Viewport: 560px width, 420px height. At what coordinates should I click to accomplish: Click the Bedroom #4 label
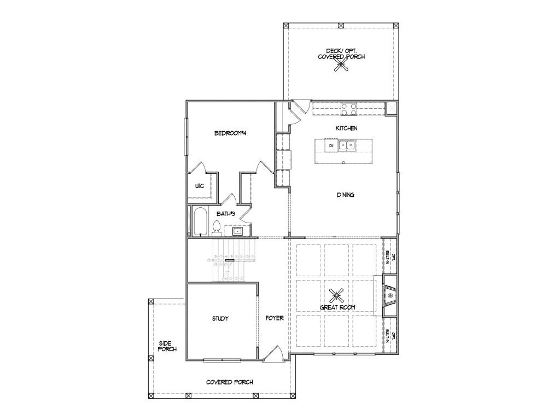pos(229,133)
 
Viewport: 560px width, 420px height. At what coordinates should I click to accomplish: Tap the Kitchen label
pos(346,128)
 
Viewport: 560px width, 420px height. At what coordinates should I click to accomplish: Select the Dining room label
pos(345,195)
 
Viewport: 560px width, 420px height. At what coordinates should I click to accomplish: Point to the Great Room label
pos(337,307)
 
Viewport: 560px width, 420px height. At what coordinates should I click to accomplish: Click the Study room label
pos(220,319)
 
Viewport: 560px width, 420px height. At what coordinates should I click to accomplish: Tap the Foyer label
pos(275,318)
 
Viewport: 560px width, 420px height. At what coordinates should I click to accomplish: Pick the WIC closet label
pos(200,186)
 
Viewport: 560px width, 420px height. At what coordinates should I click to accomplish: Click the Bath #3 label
pos(225,214)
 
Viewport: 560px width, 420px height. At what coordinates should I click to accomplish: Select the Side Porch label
pos(167,346)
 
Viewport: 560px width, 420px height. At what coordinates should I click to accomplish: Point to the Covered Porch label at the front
pos(229,382)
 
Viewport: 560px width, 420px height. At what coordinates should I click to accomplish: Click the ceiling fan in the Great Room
pos(337,295)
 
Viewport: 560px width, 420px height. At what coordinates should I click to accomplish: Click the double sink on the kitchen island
pos(346,145)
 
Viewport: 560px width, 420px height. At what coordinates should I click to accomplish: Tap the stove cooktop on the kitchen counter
pos(349,108)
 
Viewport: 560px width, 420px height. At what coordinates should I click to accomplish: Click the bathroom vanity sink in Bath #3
pos(237,231)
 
